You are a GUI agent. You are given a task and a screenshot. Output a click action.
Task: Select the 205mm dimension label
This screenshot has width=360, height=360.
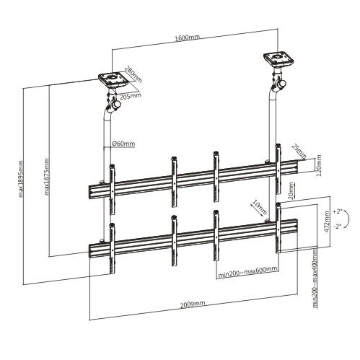[131, 95]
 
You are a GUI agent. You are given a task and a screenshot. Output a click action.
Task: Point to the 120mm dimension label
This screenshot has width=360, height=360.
[309, 170]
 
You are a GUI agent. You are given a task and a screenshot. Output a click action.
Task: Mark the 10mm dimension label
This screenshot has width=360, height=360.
[259, 207]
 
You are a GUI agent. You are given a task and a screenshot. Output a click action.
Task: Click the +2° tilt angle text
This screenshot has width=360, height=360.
[335, 214]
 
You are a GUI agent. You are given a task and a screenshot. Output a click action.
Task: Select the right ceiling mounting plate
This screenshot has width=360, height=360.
[276, 56]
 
